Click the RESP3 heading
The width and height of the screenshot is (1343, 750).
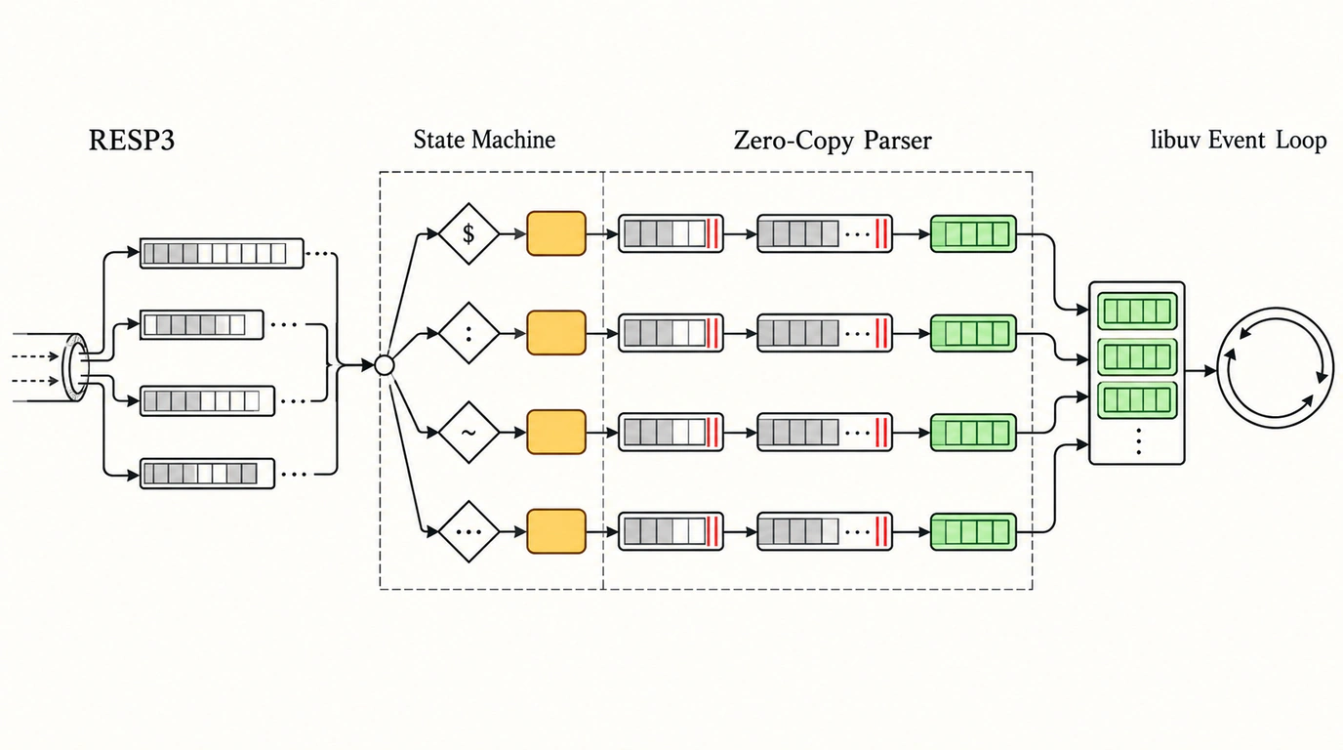coord(132,141)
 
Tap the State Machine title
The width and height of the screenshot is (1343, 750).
coord(484,140)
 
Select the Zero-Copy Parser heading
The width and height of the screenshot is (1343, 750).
coord(833,141)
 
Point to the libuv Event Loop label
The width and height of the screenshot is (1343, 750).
coord(1239,140)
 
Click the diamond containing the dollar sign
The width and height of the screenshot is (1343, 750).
coord(468,233)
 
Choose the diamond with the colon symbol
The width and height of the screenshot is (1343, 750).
coord(468,333)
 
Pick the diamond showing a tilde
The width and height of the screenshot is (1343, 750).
coord(468,433)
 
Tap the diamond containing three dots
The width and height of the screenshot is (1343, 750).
coord(468,531)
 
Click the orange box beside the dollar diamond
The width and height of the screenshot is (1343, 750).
coord(556,233)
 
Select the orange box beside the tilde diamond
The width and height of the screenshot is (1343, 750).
coord(556,432)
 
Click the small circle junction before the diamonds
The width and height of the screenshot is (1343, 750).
coord(385,365)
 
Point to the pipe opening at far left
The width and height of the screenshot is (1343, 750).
coord(77,367)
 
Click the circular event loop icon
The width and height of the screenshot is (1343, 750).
coord(1277,368)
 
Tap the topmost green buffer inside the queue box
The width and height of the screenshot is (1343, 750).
coord(1137,311)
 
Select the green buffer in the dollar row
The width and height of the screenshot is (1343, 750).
coord(974,233)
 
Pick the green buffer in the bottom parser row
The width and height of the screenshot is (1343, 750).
coord(974,531)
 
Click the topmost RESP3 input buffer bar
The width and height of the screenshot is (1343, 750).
coord(222,253)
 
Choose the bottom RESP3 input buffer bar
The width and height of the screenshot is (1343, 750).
coord(208,474)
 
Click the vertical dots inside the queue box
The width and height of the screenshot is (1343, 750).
coord(1138,441)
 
